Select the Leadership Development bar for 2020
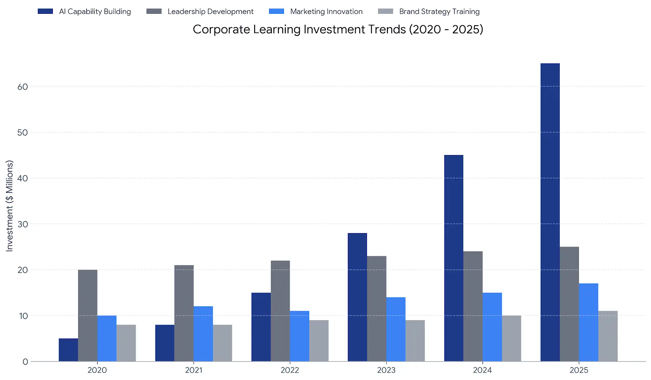click(87, 315)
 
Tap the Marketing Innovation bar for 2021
click(203, 334)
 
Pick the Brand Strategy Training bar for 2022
click(319, 341)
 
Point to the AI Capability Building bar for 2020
click(68, 350)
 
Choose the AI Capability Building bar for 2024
click(454, 258)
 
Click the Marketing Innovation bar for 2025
click(588, 322)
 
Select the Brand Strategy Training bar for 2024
click(511, 338)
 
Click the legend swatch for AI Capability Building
click(45, 11)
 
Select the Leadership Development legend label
click(210, 11)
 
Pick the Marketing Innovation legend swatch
click(276, 11)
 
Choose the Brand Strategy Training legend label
click(439, 11)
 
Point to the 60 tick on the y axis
click(23, 87)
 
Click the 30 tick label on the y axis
click(23, 224)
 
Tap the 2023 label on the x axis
click(386, 370)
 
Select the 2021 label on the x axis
click(194, 370)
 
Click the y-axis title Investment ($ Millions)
click(9, 205)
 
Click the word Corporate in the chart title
click(221, 29)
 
